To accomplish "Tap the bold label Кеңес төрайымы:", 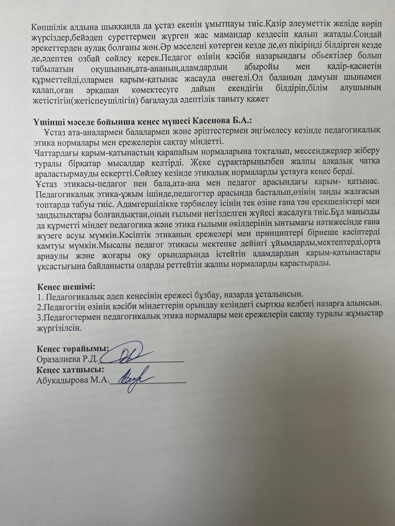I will pyautogui.click(x=72, y=349).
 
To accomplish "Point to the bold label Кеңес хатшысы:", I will pyautogui.click(x=70, y=370).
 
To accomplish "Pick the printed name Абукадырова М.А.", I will pyautogui.click(x=72, y=381).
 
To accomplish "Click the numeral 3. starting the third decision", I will pyautogui.click(x=39, y=316).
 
